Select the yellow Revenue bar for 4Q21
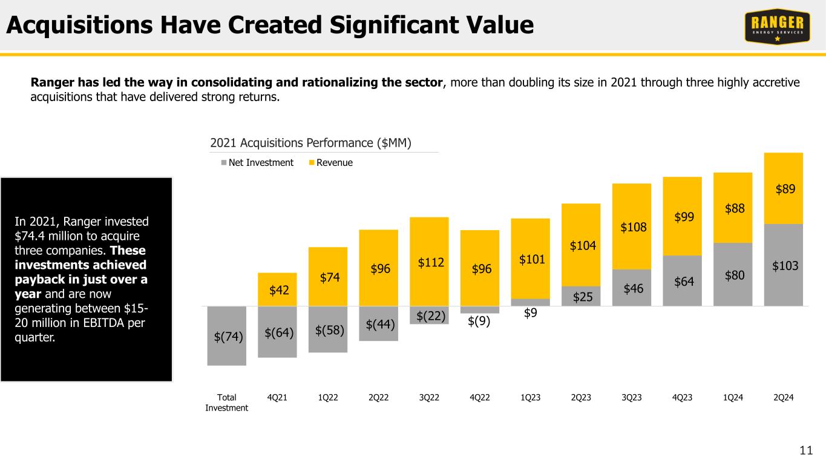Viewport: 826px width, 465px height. pyautogui.click(x=277, y=289)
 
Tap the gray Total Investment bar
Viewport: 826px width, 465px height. pyautogui.click(x=226, y=335)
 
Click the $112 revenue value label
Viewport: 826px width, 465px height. pyautogui.click(x=429, y=262)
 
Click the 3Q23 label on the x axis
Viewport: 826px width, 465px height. pyautogui.click(x=631, y=397)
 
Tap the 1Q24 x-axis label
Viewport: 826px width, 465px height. pyautogui.click(x=732, y=397)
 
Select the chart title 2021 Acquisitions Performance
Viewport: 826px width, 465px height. pyautogui.click(x=310, y=143)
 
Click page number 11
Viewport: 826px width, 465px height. pyautogui.click(x=805, y=450)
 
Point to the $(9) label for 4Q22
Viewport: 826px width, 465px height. pyautogui.click(x=480, y=322)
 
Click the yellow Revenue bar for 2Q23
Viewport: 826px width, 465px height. pyautogui.click(x=581, y=245)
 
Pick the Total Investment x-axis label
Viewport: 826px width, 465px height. pyautogui.click(x=226, y=402)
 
